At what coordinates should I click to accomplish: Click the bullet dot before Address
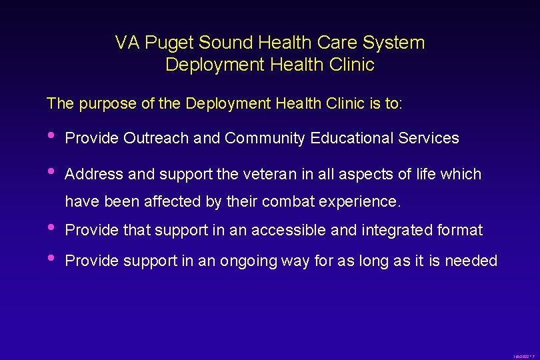(x=52, y=171)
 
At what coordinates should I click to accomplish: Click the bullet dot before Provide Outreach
(x=52, y=135)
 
